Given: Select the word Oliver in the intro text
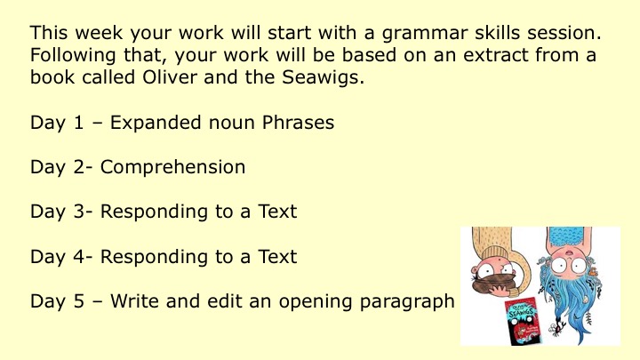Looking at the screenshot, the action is pos(170,76).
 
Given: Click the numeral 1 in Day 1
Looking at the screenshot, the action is pos(79,123).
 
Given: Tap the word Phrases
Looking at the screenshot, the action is pos(298,123).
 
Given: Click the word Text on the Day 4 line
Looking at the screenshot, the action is pos(277,257).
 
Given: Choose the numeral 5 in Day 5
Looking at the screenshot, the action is pos(79,301).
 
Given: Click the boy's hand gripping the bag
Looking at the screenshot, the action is pos(499,290).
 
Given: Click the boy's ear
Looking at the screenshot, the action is pos(476,270).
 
